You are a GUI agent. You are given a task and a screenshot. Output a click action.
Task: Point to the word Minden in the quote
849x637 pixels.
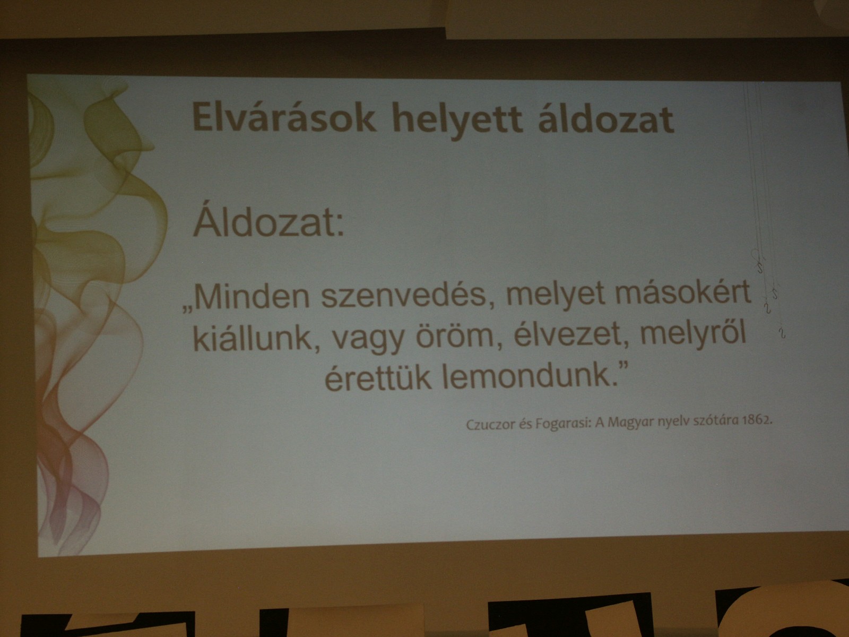(252, 296)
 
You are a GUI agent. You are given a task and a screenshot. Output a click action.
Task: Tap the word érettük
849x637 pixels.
(377, 377)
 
